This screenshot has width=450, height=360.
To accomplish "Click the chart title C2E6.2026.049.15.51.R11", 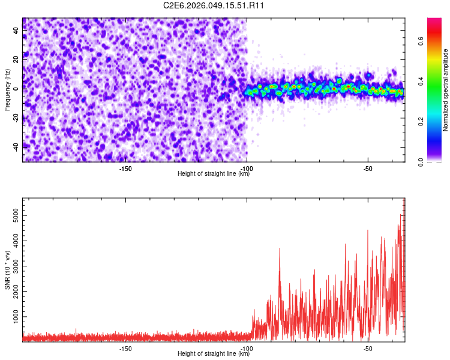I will click(214, 5).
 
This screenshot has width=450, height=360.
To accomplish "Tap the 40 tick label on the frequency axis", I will click(16, 31).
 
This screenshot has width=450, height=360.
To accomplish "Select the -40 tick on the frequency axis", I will click(16, 146).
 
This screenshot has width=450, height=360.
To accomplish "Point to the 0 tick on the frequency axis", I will click(16, 88).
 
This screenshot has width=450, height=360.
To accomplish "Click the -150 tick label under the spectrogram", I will click(125, 169).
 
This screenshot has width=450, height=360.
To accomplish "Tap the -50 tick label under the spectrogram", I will click(368, 169).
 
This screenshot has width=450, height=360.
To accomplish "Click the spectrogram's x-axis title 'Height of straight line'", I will click(214, 174).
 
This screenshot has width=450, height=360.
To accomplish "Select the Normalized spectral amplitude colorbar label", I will click(446, 90).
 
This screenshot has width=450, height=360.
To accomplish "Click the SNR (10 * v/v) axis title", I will click(8, 270).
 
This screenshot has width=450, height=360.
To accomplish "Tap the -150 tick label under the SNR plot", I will click(125, 348).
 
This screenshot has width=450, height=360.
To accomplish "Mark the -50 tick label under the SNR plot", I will click(368, 348).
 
